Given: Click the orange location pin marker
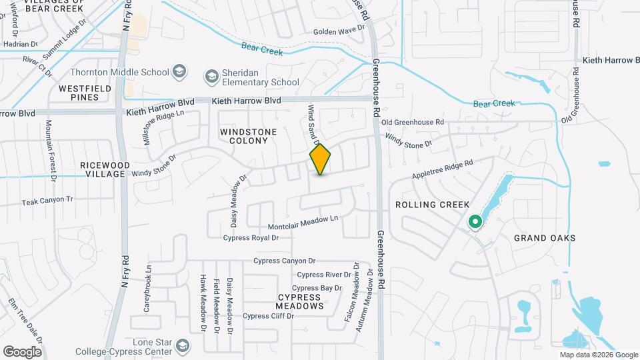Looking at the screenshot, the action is click(321, 159).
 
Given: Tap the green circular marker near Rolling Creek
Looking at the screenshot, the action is click(475, 221).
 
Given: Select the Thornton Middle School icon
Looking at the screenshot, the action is click(179, 71).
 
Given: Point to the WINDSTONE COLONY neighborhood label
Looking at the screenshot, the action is click(248, 136).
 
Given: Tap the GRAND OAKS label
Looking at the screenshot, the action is click(545, 238).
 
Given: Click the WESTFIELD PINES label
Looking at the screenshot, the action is click(79, 93).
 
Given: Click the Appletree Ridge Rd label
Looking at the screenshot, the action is click(442, 168).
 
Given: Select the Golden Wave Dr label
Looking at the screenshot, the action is click(340, 31).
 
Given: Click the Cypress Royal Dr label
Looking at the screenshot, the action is click(251, 237).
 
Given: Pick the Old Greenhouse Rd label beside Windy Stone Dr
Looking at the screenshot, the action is click(413, 123).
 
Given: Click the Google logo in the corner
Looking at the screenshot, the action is click(22, 351).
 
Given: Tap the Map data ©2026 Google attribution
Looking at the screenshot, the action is click(598, 355).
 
